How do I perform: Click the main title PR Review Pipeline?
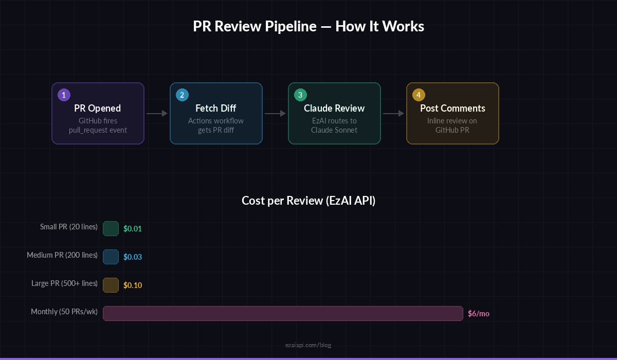[308, 27]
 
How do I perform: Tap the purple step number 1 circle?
[64, 95]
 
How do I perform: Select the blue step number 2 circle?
[182, 95]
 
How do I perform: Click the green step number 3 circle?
[300, 95]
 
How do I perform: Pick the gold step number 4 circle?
[419, 95]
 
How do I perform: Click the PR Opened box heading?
[98, 108]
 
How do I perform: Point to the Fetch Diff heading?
[216, 108]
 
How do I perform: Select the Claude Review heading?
[334, 108]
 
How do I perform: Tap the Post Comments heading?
[452, 108]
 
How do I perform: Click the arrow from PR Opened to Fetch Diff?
[157, 113]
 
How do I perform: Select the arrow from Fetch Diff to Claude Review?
[275, 113]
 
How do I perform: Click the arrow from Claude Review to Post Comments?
[393, 113]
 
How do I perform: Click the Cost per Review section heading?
[308, 201]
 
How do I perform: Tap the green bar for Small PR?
[111, 228]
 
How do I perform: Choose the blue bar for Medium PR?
[111, 257]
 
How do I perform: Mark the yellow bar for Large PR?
[111, 285]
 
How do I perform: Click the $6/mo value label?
[478, 313]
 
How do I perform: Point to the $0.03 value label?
[133, 257]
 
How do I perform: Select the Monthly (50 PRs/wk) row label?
[64, 312]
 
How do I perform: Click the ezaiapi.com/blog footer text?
[308, 345]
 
